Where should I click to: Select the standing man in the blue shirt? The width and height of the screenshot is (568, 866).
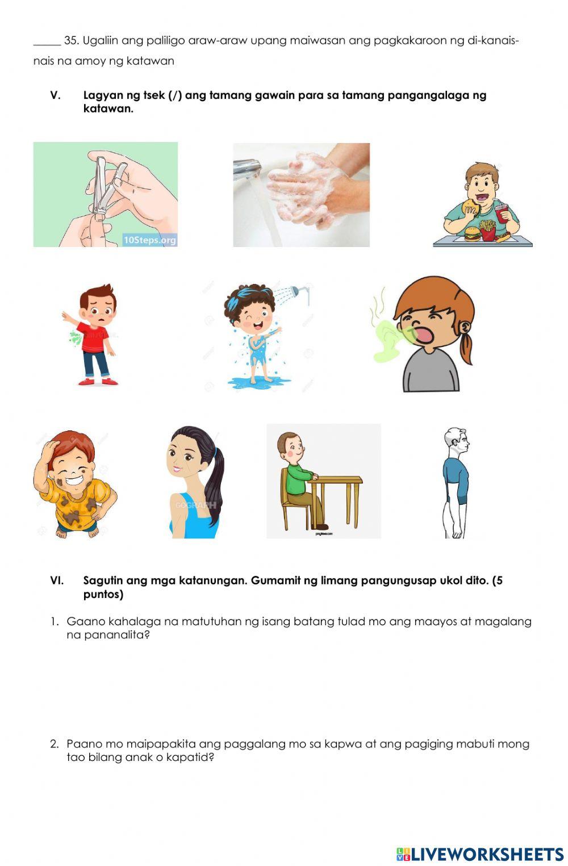457,483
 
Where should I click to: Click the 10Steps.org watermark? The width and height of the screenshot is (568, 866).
150,240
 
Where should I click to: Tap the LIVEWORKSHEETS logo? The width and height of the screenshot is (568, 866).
480,854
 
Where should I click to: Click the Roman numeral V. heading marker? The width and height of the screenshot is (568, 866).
55,95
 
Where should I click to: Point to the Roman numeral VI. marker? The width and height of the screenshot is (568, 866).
56,580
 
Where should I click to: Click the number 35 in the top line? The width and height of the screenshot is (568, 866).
70,41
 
